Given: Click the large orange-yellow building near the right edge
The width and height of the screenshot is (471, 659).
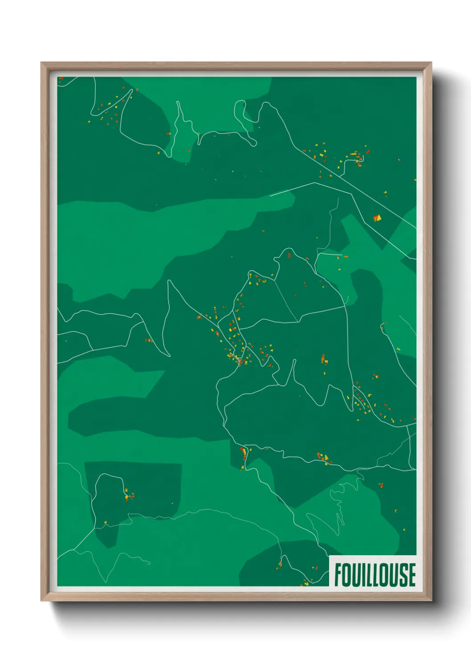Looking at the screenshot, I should point(377,218).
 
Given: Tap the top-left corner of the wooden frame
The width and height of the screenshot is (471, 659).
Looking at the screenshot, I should point(41,63).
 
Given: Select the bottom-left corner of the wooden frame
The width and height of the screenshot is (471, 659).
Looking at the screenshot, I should point(41,601).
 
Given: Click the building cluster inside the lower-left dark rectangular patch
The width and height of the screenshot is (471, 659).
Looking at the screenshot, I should point(128,496).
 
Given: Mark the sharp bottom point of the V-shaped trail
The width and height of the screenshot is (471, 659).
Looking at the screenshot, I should point(169,356).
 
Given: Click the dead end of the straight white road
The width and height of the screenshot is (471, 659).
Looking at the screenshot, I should point(270,195).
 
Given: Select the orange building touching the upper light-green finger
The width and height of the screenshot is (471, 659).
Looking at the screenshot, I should point(168,133).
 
